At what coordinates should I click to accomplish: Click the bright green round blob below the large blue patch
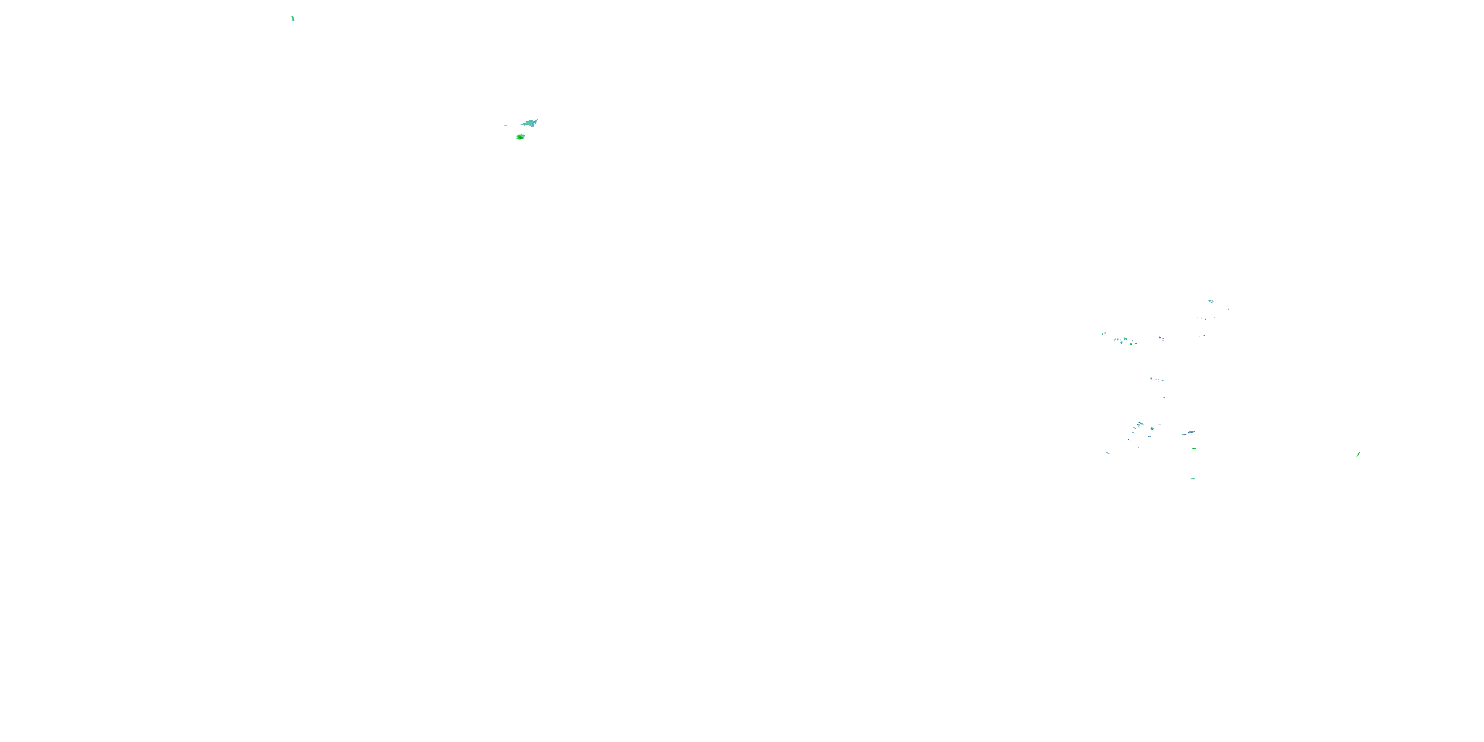(520, 137)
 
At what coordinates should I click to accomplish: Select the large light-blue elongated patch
(529, 123)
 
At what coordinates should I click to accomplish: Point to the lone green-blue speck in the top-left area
(293, 18)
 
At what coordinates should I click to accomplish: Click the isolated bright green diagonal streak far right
(1358, 455)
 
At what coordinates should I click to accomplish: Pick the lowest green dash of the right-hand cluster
(1192, 478)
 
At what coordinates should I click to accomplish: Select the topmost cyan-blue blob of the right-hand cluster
(1210, 301)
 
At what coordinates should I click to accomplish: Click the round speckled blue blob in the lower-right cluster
(1152, 428)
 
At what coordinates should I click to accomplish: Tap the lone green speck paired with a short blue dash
(1165, 398)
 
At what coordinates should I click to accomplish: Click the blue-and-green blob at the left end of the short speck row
(1151, 378)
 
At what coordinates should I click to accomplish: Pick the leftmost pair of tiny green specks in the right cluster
(1104, 334)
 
